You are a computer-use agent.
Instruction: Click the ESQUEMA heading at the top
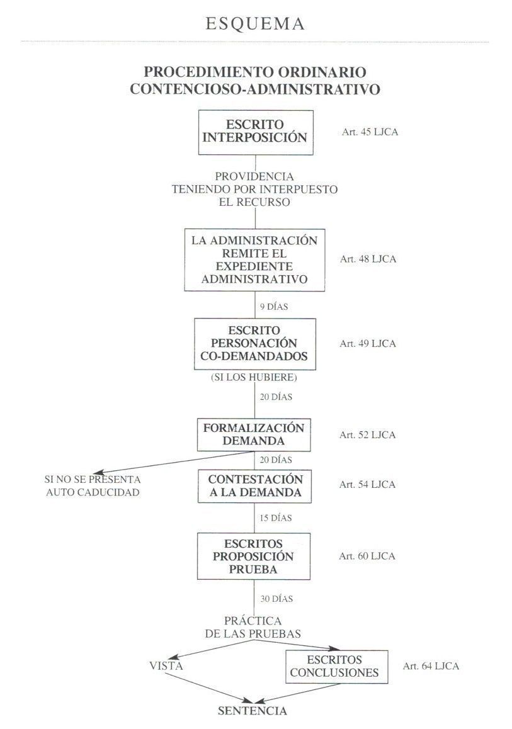255,24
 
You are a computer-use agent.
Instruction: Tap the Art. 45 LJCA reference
370,132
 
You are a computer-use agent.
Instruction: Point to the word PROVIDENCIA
254,177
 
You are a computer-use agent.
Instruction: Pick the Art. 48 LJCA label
368,259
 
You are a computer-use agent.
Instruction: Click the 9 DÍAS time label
274,307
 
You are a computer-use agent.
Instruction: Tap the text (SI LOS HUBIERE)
254,377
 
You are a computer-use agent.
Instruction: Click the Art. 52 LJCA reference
368,435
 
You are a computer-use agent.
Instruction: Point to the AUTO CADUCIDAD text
93,492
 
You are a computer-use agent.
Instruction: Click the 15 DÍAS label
276,518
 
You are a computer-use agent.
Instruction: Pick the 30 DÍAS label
276,599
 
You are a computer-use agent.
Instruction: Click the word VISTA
166,666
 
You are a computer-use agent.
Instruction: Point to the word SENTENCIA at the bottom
253,711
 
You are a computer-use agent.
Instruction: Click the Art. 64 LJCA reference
431,666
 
